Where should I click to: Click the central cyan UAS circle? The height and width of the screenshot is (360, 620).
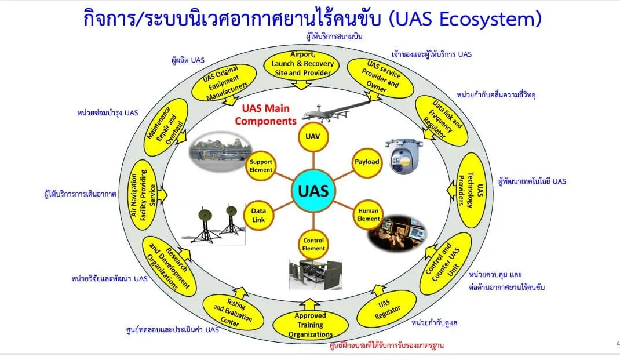313,190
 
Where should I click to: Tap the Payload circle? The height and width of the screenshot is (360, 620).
366,162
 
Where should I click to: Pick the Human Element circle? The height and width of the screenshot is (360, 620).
369,215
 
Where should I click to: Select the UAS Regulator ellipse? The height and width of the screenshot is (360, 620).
386,308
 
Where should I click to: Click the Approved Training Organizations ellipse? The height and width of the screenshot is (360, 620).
310,325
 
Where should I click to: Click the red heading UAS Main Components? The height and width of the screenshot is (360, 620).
265,115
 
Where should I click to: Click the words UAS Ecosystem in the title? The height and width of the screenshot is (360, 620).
466,19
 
